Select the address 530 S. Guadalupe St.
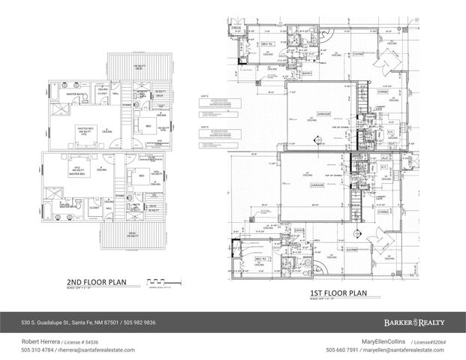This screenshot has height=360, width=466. click(x=39, y=323)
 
